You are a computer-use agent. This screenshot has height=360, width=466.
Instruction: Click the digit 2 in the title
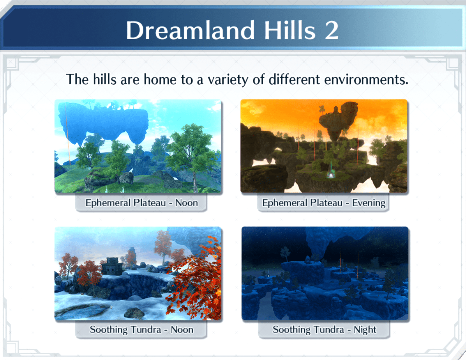tap(331, 30)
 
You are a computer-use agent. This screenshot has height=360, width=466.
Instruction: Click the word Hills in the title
tap(290, 30)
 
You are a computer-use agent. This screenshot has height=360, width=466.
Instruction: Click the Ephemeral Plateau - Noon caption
tap(141, 203)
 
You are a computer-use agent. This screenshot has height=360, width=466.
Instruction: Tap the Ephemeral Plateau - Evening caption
tap(323, 203)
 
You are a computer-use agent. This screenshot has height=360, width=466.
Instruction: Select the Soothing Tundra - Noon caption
tap(141, 329)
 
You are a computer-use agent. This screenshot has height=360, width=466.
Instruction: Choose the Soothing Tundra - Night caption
tap(324, 329)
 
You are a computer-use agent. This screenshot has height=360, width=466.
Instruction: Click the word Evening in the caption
tap(369, 203)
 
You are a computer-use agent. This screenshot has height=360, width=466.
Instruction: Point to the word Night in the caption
tap(365, 329)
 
